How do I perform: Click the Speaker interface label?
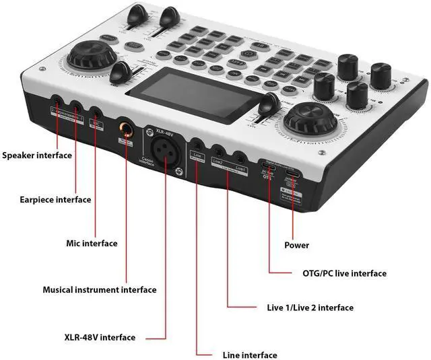(36, 155)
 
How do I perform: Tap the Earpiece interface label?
(56, 199)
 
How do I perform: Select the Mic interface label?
(92, 243)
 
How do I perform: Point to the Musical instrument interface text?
(100, 290)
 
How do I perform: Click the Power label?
(297, 245)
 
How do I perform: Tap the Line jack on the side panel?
(197, 145)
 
